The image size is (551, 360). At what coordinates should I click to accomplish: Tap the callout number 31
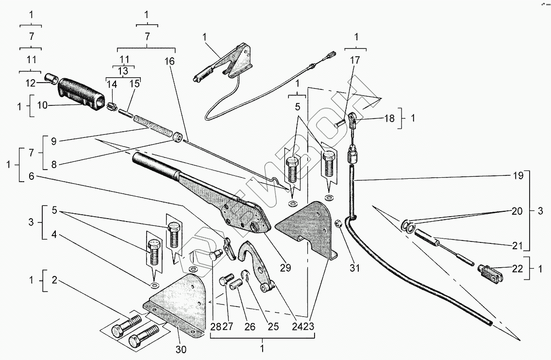click(x=355, y=267)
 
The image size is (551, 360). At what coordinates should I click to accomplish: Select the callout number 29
click(x=285, y=267)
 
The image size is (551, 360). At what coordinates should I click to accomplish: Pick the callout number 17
click(x=355, y=61)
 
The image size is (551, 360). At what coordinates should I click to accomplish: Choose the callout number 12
click(x=30, y=83)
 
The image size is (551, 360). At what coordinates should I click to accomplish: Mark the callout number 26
click(x=250, y=326)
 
